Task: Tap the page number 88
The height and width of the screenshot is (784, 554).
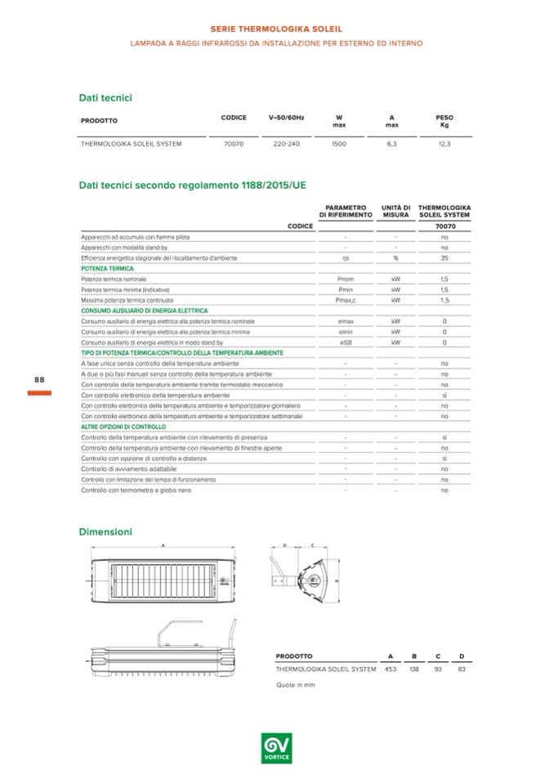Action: tap(39, 380)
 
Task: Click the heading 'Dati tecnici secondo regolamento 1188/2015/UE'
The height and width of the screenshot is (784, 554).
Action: tap(192, 186)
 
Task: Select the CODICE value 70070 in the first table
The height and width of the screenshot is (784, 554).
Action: tap(233, 143)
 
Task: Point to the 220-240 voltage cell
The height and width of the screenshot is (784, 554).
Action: tap(286, 143)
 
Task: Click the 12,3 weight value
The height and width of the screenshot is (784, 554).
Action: tap(445, 143)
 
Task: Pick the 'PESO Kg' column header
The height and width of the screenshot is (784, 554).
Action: tap(445, 121)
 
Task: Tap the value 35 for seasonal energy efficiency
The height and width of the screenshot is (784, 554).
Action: tap(445, 258)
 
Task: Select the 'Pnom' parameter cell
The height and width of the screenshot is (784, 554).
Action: tap(346, 279)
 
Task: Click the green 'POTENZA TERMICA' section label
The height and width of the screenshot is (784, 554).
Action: tap(107, 268)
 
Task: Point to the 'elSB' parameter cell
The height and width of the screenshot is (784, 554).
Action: tap(346, 342)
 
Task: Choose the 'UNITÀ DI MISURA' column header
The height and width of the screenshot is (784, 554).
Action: tap(395, 211)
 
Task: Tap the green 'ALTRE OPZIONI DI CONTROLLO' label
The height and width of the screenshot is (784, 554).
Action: tap(123, 427)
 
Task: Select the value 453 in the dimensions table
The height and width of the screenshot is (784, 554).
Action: tap(391, 669)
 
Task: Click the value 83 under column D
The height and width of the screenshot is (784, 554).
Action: tap(462, 669)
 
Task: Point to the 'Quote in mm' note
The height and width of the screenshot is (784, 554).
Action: tap(295, 684)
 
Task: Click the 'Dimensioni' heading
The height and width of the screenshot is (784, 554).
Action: tap(105, 531)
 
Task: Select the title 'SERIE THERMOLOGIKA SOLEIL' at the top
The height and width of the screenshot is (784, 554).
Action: tap(277, 29)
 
